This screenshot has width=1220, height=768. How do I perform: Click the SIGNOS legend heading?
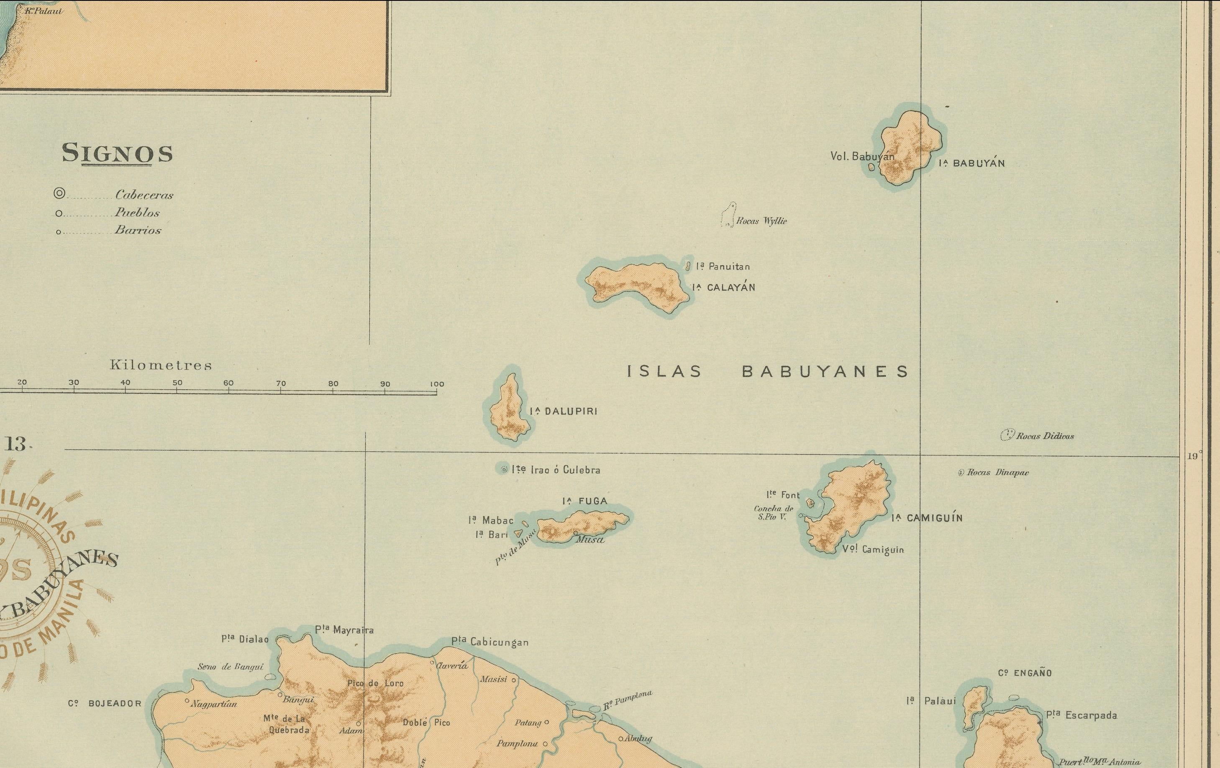pos(117,153)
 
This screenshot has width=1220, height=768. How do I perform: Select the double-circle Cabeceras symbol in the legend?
pos(59,194)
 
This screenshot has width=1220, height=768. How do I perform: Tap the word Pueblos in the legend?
pos(137,213)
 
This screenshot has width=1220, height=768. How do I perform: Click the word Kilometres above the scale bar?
pos(161,365)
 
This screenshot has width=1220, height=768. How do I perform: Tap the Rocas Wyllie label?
pos(761,221)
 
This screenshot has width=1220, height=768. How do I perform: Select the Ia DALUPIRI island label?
pos(564,411)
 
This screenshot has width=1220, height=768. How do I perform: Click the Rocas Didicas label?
pos(1045,436)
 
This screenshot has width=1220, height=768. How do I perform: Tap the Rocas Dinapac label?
pos(997,473)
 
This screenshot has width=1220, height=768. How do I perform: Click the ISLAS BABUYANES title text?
pos(768,372)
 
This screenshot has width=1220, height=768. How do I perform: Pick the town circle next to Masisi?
pos(514,680)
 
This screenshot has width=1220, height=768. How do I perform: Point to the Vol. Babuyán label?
pos(862,156)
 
